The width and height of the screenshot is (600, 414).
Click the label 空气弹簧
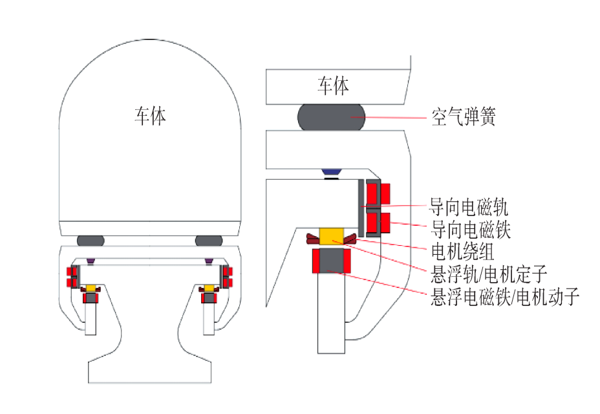click(464, 116)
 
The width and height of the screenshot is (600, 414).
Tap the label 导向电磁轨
click(469, 207)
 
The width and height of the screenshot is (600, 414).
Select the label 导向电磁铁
click(471, 230)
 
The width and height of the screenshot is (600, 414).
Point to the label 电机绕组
click(463, 252)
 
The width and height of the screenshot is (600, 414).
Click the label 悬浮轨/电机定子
click(489, 274)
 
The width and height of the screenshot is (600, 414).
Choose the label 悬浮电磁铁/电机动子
click(505, 296)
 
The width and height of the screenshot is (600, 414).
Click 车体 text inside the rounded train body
click(150, 116)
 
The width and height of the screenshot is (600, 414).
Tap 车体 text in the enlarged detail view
click(333, 85)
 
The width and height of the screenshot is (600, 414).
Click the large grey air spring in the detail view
click(332, 117)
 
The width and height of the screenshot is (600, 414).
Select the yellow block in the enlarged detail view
click(332, 236)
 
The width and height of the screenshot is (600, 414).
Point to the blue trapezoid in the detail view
click(331, 172)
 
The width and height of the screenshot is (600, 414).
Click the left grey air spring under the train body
click(91, 241)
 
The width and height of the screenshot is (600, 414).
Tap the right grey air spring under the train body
click(209, 241)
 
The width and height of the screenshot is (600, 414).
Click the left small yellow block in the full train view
click(91, 288)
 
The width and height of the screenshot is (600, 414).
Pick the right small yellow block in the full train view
click(209, 288)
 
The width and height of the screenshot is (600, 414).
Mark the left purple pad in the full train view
click(91, 261)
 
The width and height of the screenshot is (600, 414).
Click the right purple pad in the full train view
click(209, 261)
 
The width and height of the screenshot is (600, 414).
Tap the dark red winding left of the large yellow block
click(313, 239)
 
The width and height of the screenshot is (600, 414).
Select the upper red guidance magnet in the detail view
click(378, 194)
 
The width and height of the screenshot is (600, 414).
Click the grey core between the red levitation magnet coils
click(332, 261)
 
